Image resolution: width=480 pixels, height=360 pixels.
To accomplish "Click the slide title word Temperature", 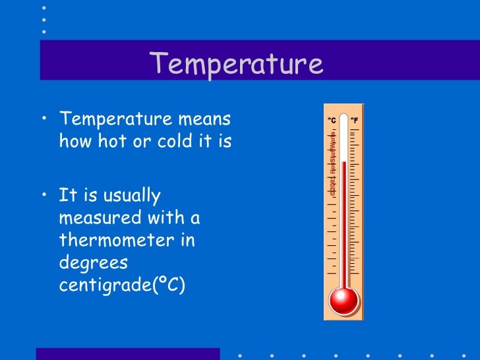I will point(236,64).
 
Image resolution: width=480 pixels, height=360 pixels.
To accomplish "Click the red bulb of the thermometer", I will point(344,300).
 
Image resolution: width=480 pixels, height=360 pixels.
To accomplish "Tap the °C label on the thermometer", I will point(332,121).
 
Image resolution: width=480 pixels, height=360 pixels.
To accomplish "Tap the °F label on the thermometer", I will point(354,121).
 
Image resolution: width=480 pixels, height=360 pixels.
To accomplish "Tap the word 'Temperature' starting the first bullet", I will point(111,119).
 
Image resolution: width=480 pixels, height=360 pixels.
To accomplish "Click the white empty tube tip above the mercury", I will point(344,142).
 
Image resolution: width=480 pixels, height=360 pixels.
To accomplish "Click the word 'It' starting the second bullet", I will point(67,195).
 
